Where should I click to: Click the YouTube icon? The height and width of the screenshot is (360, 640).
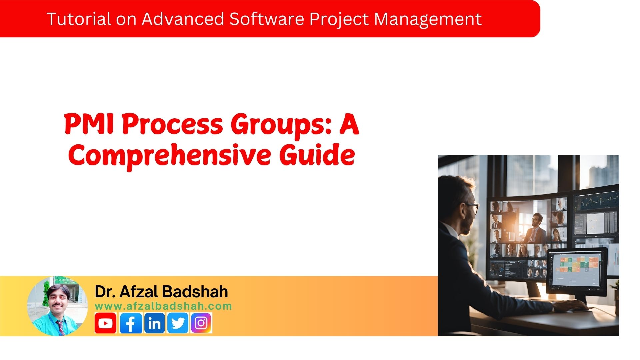coord(105,323)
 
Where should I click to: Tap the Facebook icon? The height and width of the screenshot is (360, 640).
coord(131,323)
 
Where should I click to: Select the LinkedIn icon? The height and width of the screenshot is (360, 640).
coord(154,323)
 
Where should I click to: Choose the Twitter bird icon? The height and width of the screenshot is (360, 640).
coord(178,323)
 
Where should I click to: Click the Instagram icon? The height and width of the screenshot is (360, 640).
coord(201,323)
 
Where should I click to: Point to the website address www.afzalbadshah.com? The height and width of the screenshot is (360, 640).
coord(163,306)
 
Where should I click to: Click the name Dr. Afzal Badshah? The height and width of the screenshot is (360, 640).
coord(161,292)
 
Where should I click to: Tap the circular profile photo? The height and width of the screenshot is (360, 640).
coord(57,306)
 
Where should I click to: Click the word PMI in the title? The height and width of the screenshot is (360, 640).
coord(89,124)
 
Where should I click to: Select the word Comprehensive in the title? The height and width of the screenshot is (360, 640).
coord(169,155)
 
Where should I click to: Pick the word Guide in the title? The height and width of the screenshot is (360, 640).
coord(317,155)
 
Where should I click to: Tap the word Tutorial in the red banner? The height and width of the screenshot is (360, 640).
coord(79,19)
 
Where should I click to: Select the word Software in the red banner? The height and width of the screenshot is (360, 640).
coord(266,19)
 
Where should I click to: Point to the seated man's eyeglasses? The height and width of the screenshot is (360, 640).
coord(473,208)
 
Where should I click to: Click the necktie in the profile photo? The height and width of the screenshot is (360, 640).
coord(61,327)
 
